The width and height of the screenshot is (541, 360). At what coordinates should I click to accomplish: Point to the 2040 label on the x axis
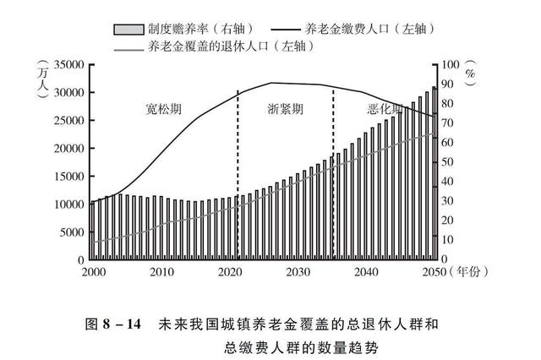pos(365,271)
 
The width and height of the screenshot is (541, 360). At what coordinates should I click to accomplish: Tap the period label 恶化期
pos(386,111)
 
